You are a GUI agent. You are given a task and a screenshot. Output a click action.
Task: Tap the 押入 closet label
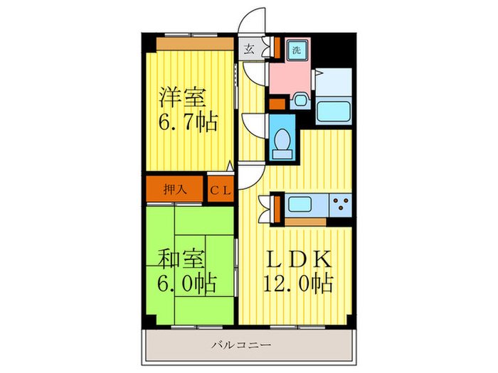pyautogui.click(x=175, y=190)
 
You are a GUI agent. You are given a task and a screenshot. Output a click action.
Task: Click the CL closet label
pyautogui.click(x=219, y=190)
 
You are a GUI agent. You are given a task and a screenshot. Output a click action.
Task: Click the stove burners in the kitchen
pyautogui.click(x=340, y=205)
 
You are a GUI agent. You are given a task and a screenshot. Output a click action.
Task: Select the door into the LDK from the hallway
pyautogui.click(x=250, y=175)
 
